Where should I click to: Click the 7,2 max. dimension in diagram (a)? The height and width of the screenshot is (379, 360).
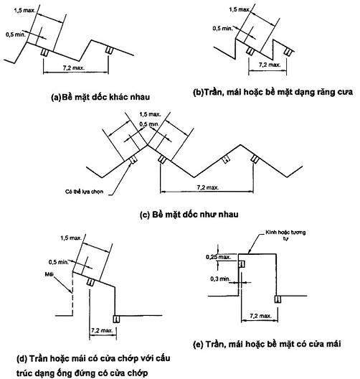[x=73, y=68]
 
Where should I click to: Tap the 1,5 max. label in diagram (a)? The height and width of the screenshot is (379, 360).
[x=24, y=11]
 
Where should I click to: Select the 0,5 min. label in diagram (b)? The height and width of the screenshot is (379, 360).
[x=222, y=28]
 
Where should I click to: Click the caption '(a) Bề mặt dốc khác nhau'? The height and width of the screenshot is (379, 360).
[x=100, y=97]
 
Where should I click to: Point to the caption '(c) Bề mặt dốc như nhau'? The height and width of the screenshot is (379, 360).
[x=189, y=215]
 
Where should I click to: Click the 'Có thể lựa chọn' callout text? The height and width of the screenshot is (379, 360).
[x=85, y=192]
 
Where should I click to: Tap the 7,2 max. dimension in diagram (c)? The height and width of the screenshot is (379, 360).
[x=208, y=187]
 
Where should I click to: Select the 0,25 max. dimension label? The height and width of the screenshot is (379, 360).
[x=218, y=257]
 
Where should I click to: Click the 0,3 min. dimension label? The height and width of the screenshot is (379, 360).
[x=220, y=279]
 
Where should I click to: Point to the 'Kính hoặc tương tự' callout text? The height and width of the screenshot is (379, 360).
[x=285, y=235]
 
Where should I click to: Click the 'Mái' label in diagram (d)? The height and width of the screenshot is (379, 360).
[x=49, y=274]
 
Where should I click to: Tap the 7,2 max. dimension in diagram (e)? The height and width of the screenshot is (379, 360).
[x=260, y=316]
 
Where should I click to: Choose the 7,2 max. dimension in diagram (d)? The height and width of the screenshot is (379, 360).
[x=102, y=330]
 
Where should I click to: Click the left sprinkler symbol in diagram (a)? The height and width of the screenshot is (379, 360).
[x=45, y=52]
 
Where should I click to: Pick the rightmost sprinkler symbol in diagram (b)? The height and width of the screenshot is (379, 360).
[x=288, y=51]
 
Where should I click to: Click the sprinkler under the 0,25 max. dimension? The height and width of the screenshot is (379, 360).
[x=242, y=264]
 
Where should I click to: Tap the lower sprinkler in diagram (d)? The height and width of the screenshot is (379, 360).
[x=116, y=319]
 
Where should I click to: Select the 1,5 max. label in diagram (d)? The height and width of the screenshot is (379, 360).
[x=71, y=238]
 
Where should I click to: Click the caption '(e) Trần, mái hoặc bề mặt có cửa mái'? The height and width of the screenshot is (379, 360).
[x=267, y=344]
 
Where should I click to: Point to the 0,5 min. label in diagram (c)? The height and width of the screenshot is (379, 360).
[x=149, y=124]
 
